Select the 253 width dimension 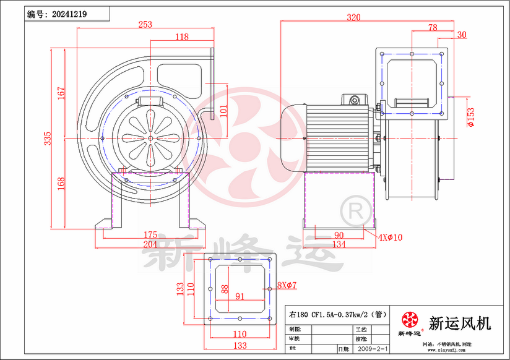145,24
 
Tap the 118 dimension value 181,37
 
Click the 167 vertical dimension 61,92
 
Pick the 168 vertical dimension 61,184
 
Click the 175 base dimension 150,235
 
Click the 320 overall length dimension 353,17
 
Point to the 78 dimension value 432,27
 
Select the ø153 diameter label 470,116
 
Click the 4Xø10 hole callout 390,237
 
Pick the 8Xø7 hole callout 287,285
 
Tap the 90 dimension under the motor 339,235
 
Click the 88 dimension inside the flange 224,289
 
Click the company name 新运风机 460,323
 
